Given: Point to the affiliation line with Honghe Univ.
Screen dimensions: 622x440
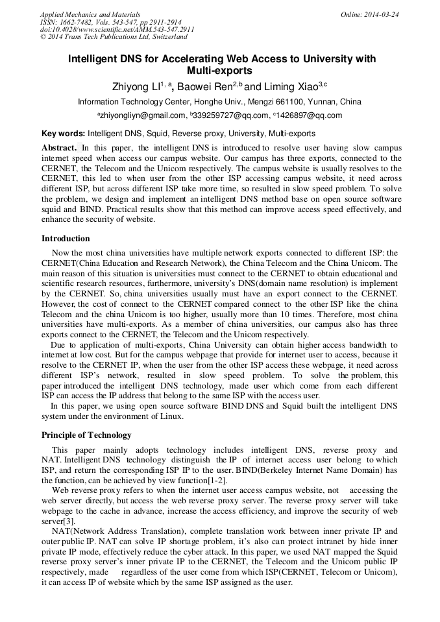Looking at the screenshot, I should click(x=219, y=102).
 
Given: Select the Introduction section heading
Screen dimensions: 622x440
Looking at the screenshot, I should click(x=66, y=239).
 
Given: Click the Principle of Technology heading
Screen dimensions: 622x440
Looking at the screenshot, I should click(x=86, y=435).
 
